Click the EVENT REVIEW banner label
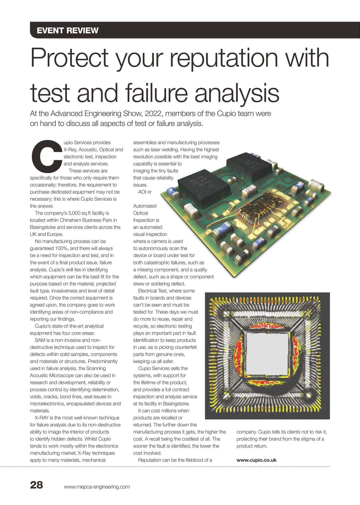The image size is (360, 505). [x=68, y=30]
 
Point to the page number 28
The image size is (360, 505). [x=37, y=485]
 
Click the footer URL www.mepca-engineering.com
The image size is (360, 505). [x=97, y=487]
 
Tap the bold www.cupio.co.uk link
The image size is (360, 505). [x=256, y=460]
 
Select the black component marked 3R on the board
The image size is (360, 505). [x=203, y=186]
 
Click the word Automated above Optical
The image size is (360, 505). [x=145, y=206]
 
